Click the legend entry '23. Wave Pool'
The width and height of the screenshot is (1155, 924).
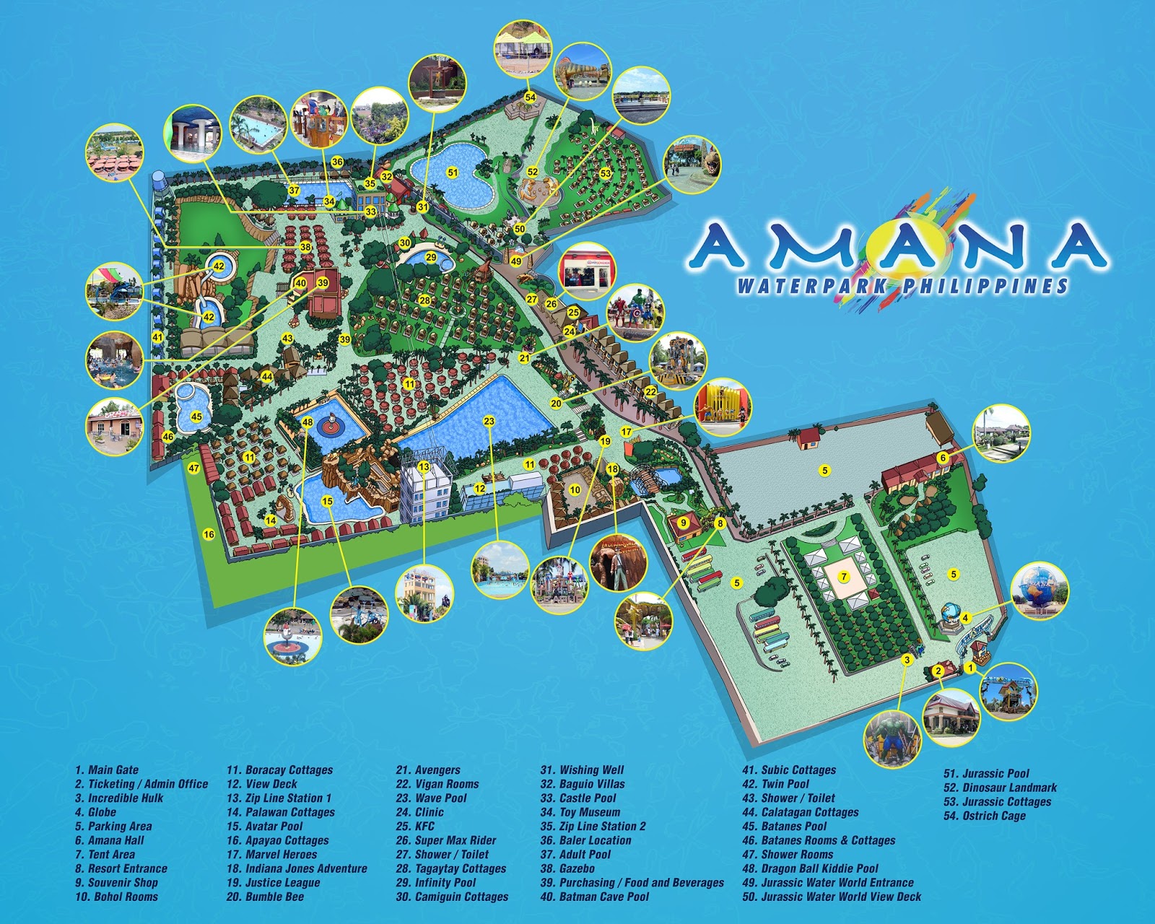click(431, 798)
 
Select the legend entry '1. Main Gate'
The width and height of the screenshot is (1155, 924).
click(106, 770)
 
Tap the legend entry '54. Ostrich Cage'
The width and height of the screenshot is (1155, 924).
click(984, 816)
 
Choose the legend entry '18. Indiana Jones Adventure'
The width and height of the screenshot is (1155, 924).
click(297, 868)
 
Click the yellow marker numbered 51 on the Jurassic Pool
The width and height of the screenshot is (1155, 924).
click(453, 173)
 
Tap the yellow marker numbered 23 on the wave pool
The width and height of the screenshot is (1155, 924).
click(489, 421)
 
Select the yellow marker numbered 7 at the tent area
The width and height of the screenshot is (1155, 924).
click(843, 577)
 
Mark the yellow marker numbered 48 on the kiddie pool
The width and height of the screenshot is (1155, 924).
click(308, 422)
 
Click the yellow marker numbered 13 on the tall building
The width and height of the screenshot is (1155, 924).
click(424, 467)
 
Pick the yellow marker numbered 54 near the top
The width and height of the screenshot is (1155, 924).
click(530, 97)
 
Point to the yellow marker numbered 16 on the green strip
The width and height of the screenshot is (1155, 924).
click(209, 534)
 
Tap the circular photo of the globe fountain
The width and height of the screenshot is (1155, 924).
click(1039, 591)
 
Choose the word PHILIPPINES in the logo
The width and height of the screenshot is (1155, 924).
click(985, 286)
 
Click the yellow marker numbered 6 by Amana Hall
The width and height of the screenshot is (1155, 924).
click(942, 458)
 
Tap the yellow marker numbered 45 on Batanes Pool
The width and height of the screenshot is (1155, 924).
click(196, 417)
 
